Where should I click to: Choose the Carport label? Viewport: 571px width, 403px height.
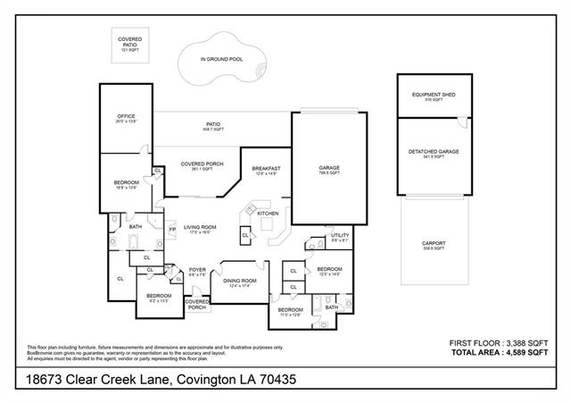click(434, 245)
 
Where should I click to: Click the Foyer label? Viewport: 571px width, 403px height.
click(196, 271)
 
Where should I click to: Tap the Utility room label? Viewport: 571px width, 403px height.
click(327, 238)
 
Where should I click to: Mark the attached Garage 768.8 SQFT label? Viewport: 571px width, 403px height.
click(329, 170)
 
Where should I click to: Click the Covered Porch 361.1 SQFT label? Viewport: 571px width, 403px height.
click(201, 166)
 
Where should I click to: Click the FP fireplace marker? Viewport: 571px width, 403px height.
click(172, 231)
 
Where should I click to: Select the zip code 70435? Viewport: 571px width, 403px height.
click(273, 381)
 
